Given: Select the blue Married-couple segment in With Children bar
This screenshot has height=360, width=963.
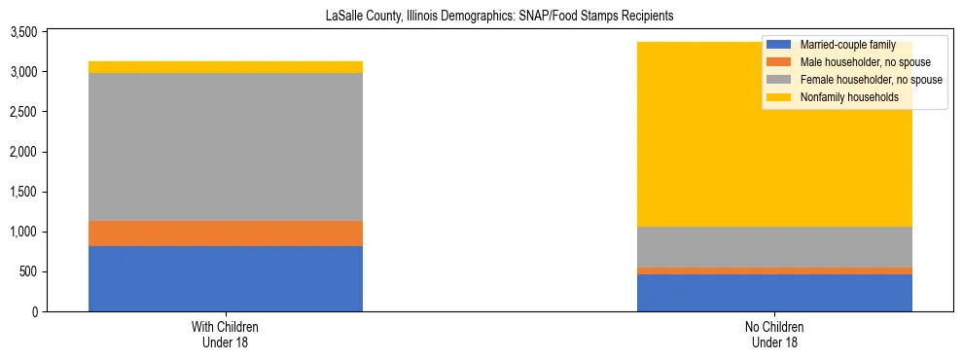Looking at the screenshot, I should (226, 278).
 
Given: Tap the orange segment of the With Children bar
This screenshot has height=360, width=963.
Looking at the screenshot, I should (226, 234).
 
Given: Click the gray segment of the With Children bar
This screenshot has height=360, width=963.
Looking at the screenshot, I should (226, 147).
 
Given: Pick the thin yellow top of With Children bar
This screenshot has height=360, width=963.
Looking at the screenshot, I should (226, 67).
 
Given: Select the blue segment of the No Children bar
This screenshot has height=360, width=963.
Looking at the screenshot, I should (774, 293).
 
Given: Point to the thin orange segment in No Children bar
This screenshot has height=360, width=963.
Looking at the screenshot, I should (774, 270).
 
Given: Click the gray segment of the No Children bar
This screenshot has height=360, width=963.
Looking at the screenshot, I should (774, 247).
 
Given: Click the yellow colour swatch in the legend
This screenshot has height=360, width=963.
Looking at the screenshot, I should (779, 97).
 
